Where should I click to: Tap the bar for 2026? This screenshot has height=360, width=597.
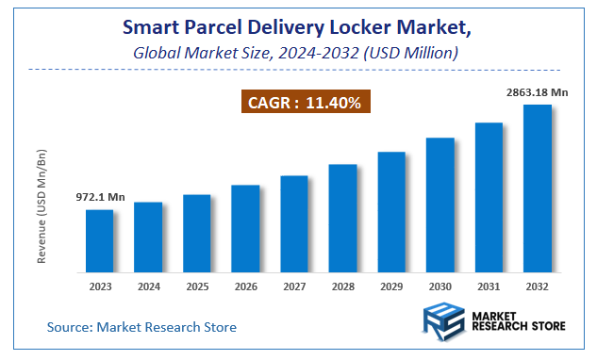pos(245,229)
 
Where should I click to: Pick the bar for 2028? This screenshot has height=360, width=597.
pos(342,219)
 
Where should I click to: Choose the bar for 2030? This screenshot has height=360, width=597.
pos(439,205)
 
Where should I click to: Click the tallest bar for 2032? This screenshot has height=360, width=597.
pos(538,188)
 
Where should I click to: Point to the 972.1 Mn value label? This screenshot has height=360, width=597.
pos(100,198)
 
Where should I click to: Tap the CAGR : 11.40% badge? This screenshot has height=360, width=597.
pos(304,102)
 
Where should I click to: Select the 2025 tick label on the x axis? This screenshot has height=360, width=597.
pos(196,286)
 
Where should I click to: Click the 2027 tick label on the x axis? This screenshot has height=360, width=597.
pos(294,286)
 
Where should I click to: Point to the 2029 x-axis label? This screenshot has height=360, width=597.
pos(391,286)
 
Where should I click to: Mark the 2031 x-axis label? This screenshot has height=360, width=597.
pos(489,286)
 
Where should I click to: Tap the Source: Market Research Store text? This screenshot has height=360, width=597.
pos(141,327)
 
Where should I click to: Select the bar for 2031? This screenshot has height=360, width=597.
pos(489,198)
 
